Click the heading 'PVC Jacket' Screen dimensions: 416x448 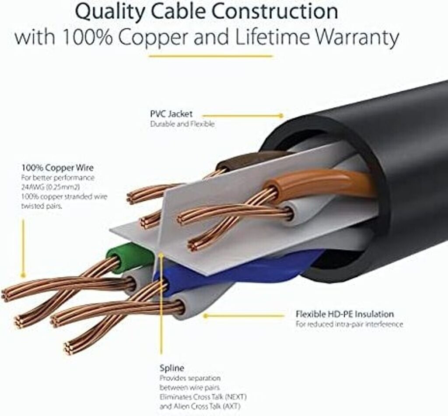click(x=171, y=114)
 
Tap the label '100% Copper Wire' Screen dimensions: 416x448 click(x=57, y=168)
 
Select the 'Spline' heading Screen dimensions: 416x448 click(x=171, y=368)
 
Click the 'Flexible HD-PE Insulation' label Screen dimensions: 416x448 click(x=344, y=314)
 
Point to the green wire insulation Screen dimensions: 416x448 click(x=127, y=256)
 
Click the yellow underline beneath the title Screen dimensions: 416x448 click(x=210, y=56)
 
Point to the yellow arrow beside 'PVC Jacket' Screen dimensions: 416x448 click(x=249, y=115)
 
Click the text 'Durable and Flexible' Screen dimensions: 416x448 click(x=182, y=124)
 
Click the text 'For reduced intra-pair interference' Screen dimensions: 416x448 click(x=349, y=324)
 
